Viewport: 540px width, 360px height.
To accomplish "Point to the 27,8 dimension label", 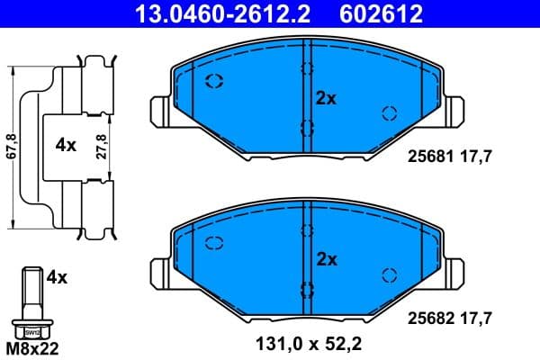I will [x=103, y=144].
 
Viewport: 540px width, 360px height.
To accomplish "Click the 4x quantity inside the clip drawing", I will [x=65, y=145].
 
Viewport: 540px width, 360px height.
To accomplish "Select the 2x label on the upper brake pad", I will [x=325, y=99].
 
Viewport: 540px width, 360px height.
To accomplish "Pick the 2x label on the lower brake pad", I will [x=325, y=259].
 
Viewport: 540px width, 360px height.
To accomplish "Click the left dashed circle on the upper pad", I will [x=214, y=83].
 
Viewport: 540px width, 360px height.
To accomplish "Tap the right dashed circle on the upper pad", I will [x=390, y=113].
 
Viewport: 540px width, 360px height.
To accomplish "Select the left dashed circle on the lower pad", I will [x=214, y=242].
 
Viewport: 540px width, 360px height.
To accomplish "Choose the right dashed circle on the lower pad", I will [x=390, y=274].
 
